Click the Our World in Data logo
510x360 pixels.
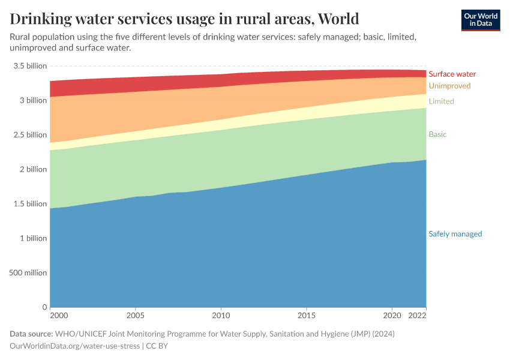(x=480, y=20)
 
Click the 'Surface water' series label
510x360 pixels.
(x=452, y=74)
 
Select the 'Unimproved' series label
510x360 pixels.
(x=449, y=86)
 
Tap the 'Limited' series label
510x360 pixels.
(x=441, y=101)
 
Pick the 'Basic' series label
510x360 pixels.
(x=437, y=134)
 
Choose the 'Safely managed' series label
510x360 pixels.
(x=455, y=234)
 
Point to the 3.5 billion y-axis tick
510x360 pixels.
(x=29, y=66)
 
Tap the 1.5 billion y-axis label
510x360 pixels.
(x=29, y=204)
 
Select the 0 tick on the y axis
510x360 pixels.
(x=44, y=307)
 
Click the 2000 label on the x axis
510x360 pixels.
(x=59, y=315)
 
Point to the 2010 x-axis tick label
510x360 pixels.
(x=221, y=315)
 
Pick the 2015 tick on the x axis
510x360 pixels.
(x=307, y=315)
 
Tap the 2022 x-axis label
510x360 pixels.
(x=418, y=315)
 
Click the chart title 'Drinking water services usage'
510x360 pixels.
(x=184, y=19)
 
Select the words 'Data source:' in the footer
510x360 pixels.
(x=31, y=334)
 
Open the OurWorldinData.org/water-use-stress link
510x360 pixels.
(x=74, y=346)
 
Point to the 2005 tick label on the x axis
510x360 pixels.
(x=136, y=315)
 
